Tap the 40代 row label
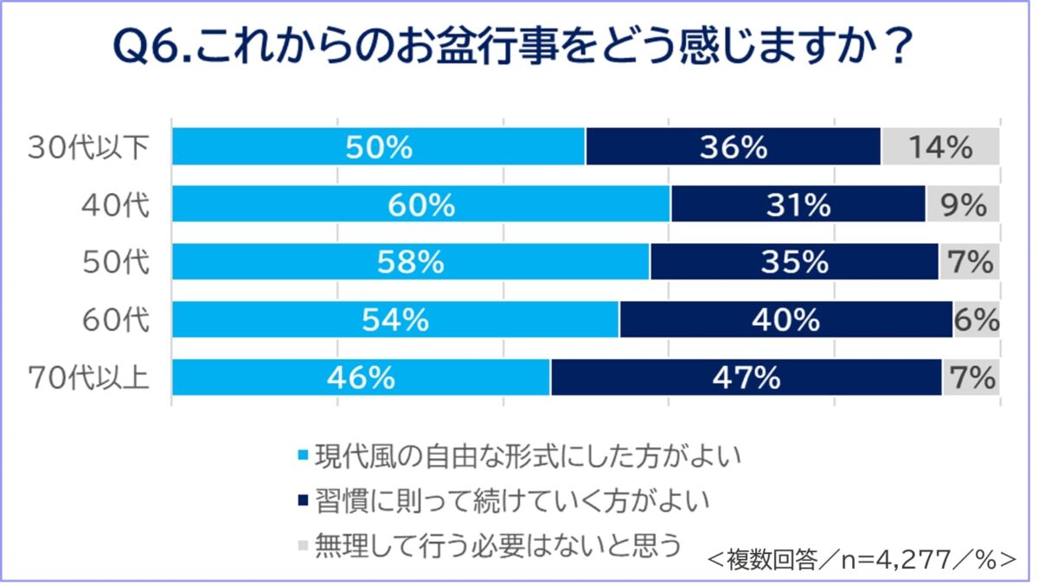tap(115, 205)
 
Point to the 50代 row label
tap(115, 262)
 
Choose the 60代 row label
tap(115, 320)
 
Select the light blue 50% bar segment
tap(379, 147)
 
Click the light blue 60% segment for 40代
tap(421, 205)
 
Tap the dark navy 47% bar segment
tap(746, 378)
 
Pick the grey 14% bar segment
tap(940, 147)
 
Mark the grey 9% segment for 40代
tap(963, 205)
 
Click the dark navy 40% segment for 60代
tap(785, 320)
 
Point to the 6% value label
tap(977, 320)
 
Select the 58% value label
tap(411, 262)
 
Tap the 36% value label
tap(734, 147)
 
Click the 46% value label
tap(362, 378)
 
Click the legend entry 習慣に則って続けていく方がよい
tap(510, 500)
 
